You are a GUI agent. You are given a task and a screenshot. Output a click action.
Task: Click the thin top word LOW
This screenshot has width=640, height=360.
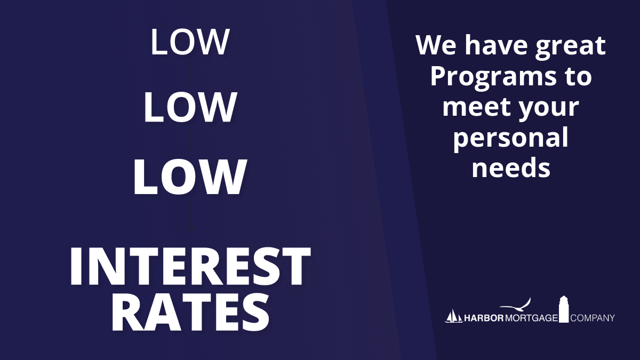click(x=190, y=42)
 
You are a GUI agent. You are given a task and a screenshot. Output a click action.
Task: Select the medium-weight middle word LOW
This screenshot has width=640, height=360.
click(x=190, y=107)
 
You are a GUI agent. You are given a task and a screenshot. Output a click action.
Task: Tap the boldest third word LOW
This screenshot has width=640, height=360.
click(x=190, y=177)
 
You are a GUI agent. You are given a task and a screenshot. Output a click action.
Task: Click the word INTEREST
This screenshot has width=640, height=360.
click(x=190, y=266)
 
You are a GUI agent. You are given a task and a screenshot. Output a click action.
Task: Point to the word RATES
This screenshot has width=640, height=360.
click(x=190, y=313)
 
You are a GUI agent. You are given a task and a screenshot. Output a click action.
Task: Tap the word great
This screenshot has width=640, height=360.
click(x=570, y=47)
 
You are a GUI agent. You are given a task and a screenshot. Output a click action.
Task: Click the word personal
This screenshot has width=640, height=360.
click(x=511, y=138)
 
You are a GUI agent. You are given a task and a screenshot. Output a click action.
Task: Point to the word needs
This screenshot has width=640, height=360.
click(x=511, y=167)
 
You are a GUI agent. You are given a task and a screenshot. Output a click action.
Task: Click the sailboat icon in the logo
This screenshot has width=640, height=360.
click(x=454, y=317)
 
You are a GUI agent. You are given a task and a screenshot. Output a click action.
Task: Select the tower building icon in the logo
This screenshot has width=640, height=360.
click(x=564, y=309)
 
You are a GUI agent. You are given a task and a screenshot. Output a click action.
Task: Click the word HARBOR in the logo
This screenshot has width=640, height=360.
click(x=484, y=318)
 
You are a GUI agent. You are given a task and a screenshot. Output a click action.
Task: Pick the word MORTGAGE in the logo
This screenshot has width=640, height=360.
click(x=531, y=318)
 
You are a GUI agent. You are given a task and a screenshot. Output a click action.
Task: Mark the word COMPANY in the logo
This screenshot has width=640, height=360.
click(x=593, y=318)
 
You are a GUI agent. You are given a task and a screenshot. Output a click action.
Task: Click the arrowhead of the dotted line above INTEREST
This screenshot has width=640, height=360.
click(x=191, y=229)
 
